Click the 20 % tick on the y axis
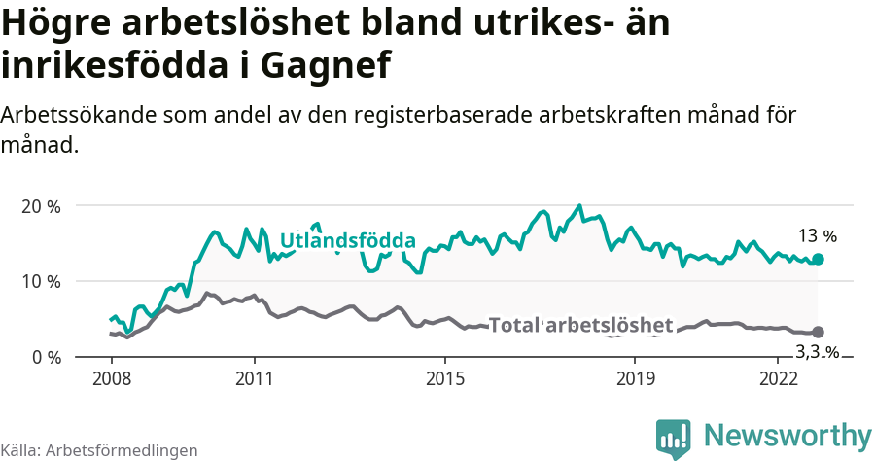click(40, 206)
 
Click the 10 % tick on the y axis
click(40, 281)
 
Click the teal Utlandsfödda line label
click(348, 240)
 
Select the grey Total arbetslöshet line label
click(580, 325)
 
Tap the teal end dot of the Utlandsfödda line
click(818, 259)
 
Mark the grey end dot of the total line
click(818, 333)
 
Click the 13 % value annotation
click(817, 235)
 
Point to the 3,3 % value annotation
click(817, 352)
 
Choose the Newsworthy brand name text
click(787, 435)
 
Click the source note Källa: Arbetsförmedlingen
click(99, 450)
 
